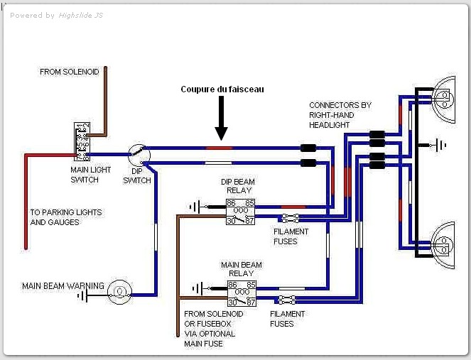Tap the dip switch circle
(138, 153)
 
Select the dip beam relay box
(241, 212)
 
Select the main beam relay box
(241, 293)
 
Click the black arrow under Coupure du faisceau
(221, 118)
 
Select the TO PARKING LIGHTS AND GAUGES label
(65, 217)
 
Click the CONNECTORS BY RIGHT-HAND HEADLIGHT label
(340, 115)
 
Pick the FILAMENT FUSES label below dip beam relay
(291, 236)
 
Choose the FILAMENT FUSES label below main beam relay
(288, 318)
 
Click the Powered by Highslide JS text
(57, 15)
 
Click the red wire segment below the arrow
(219, 148)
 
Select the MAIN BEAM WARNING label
(63, 286)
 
